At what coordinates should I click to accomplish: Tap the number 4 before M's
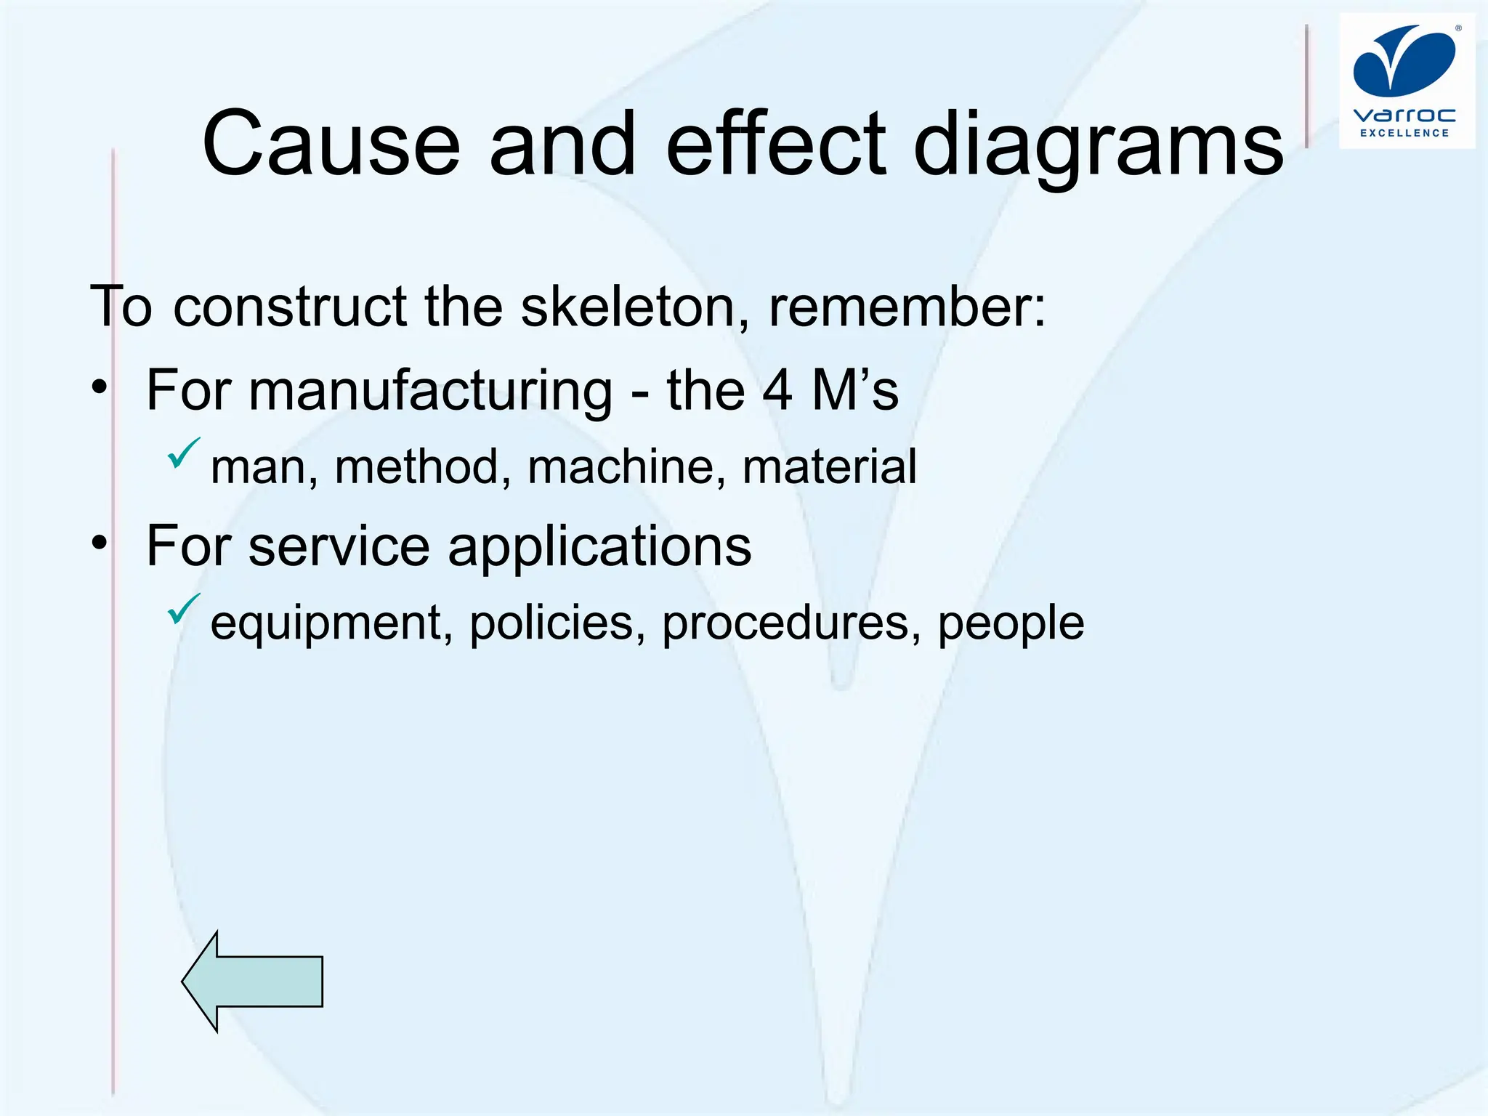777,391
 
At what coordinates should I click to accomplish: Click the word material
829,466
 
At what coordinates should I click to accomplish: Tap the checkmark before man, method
183,453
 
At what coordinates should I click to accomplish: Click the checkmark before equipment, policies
183,609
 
